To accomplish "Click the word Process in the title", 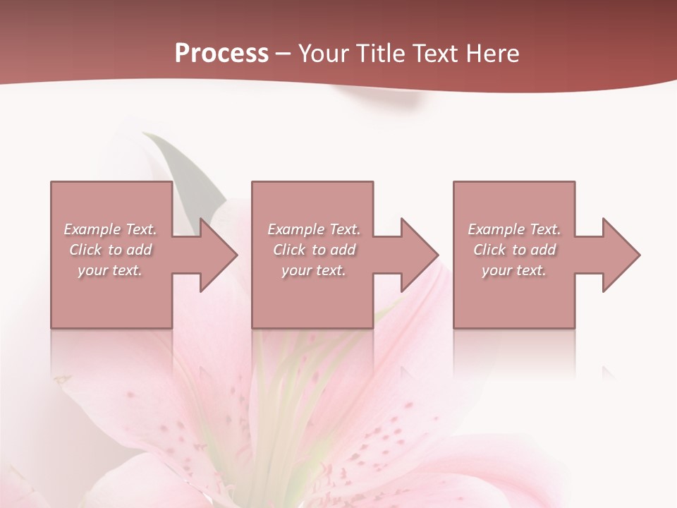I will click(x=221, y=54).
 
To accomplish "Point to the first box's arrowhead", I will click(x=218, y=255).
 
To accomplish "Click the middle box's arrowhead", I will click(x=419, y=255).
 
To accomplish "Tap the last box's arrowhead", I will click(x=621, y=255).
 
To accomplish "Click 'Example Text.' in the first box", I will click(x=111, y=229).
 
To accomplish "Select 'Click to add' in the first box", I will click(x=111, y=250).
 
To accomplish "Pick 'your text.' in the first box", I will click(x=111, y=270).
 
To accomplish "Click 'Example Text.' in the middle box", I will click(x=314, y=229).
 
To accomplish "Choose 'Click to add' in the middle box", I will click(x=314, y=250).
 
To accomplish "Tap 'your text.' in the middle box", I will click(x=314, y=270).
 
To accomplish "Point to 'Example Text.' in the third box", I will click(x=514, y=229).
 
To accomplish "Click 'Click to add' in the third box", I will click(x=514, y=250).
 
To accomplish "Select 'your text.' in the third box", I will click(x=514, y=270).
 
